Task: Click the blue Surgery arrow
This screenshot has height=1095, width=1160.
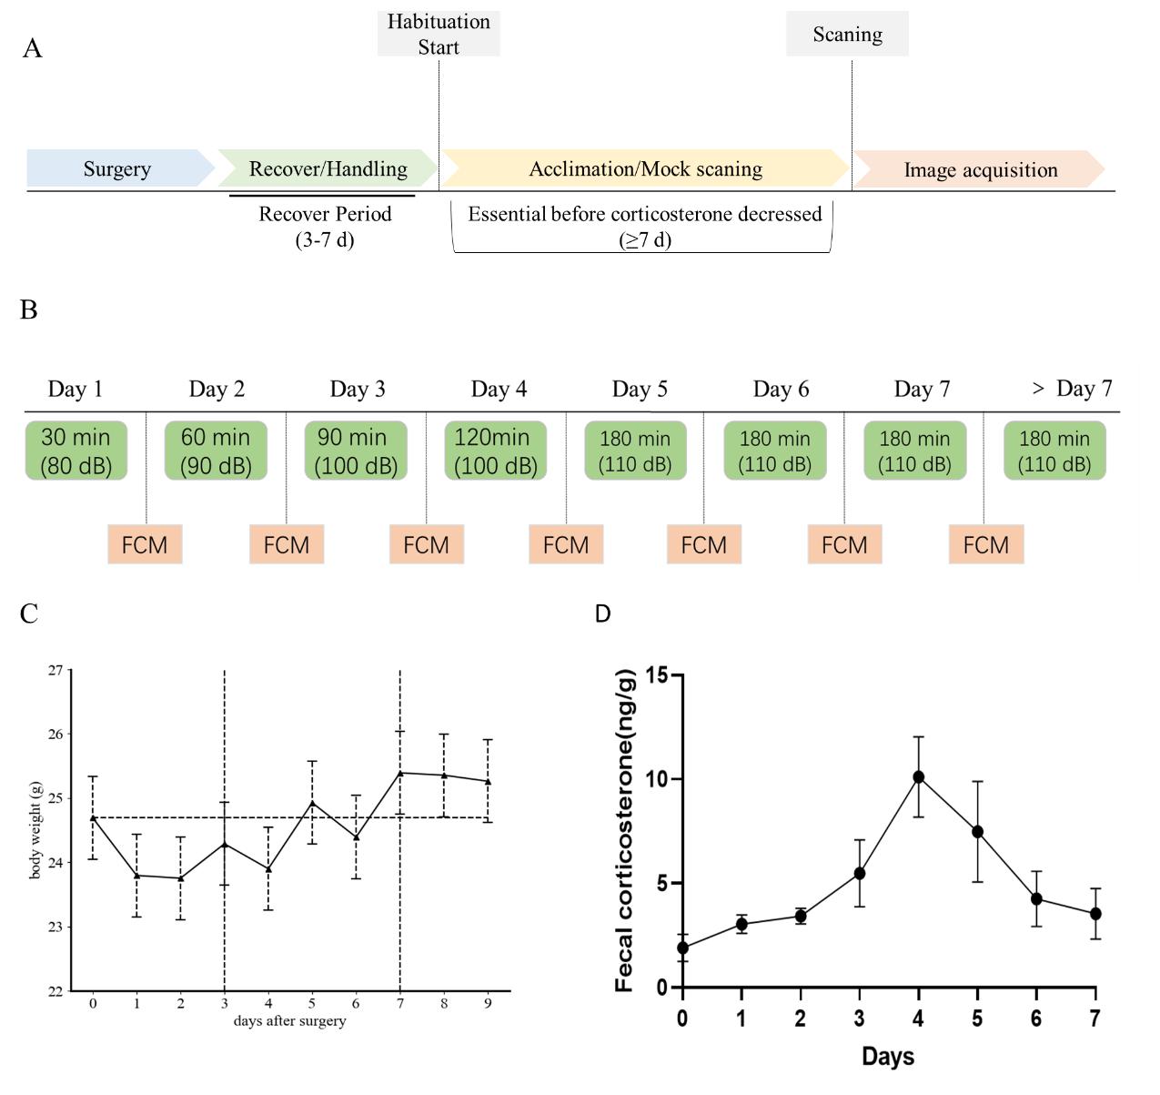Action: click(120, 168)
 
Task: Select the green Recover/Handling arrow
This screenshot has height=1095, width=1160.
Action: click(328, 168)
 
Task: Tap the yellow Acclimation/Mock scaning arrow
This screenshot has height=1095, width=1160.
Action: click(645, 168)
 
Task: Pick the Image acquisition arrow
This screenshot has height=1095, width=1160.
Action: click(980, 169)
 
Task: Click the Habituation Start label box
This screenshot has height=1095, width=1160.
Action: click(439, 34)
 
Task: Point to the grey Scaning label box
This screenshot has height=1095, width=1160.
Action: click(847, 34)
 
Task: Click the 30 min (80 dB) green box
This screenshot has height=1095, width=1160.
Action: click(76, 451)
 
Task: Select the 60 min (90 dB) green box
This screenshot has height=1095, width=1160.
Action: click(216, 451)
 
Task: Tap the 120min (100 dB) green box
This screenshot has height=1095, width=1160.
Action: click(495, 451)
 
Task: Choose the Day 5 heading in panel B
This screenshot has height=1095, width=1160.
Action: click(640, 389)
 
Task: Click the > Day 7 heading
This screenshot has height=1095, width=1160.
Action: click(1073, 388)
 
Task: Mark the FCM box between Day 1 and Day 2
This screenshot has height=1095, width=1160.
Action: click(145, 544)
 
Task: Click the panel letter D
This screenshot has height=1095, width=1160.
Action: click(602, 613)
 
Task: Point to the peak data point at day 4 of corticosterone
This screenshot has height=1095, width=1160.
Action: click(919, 777)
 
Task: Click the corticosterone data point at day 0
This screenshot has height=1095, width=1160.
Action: click(682, 948)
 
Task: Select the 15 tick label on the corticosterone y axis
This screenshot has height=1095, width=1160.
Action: click(657, 675)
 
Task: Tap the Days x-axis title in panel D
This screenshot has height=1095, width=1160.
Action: click(888, 1057)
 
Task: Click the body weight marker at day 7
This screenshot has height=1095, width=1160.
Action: click(400, 773)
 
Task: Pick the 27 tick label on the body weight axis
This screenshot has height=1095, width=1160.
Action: click(55, 670)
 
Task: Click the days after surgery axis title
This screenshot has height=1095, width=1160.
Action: click(289, 1021)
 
